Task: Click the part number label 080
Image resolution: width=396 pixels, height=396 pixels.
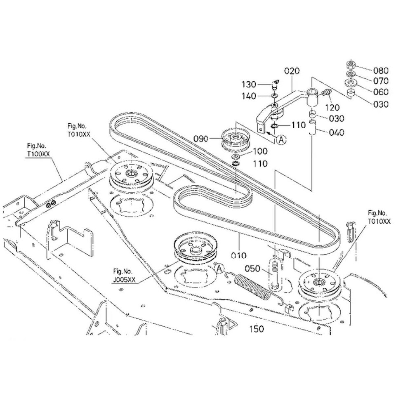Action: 380,70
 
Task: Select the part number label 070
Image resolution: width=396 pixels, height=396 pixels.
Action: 380,81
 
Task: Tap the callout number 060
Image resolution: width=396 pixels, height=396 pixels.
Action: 380,92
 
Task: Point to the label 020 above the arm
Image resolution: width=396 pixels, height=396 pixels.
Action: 291,71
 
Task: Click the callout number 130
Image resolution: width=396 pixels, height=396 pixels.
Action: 249,85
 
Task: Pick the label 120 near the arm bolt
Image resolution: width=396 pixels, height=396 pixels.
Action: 332,108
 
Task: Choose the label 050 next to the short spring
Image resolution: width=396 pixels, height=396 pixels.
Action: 252,269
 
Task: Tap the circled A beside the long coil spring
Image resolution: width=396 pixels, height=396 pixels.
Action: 220,269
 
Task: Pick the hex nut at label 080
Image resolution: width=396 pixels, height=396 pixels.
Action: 352,65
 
